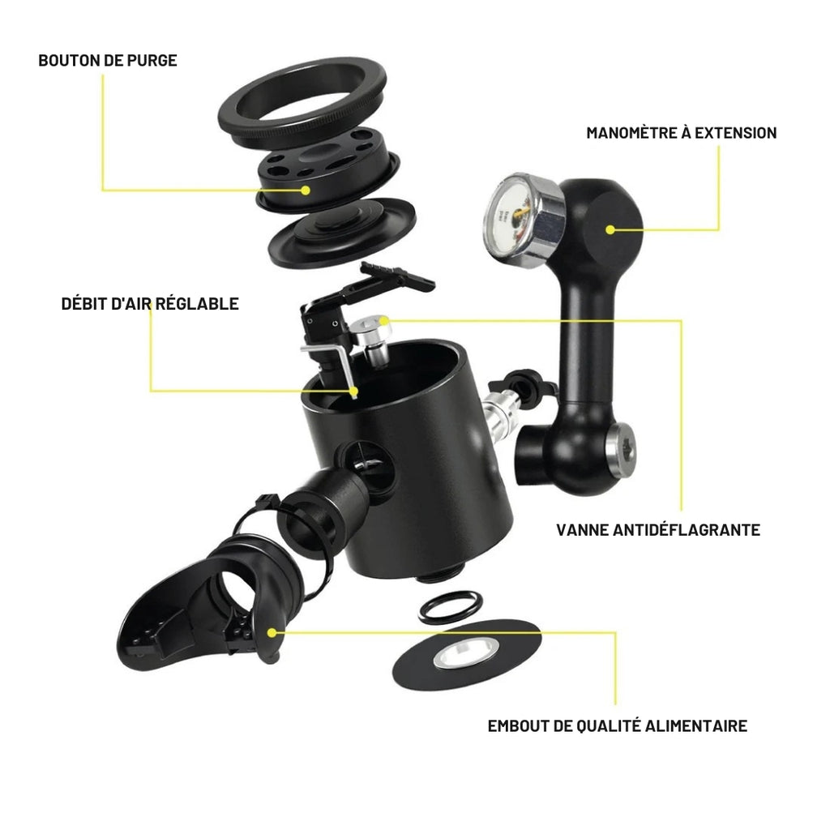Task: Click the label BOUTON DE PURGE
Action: click(108, 60)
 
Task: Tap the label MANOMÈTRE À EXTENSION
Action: click(681, 133)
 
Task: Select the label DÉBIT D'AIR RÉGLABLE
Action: click(150, 304)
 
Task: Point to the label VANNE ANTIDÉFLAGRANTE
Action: click(658, 530)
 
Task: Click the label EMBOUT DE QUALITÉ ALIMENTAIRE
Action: click(617, 725)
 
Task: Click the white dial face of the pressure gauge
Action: click(511, 216)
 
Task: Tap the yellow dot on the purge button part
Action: click(306, 190)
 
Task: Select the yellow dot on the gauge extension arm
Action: click(610, 229)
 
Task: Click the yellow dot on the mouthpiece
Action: click(272, 632)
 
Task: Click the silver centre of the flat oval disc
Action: click(466, 654)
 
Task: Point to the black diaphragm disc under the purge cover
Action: click(342, 234)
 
